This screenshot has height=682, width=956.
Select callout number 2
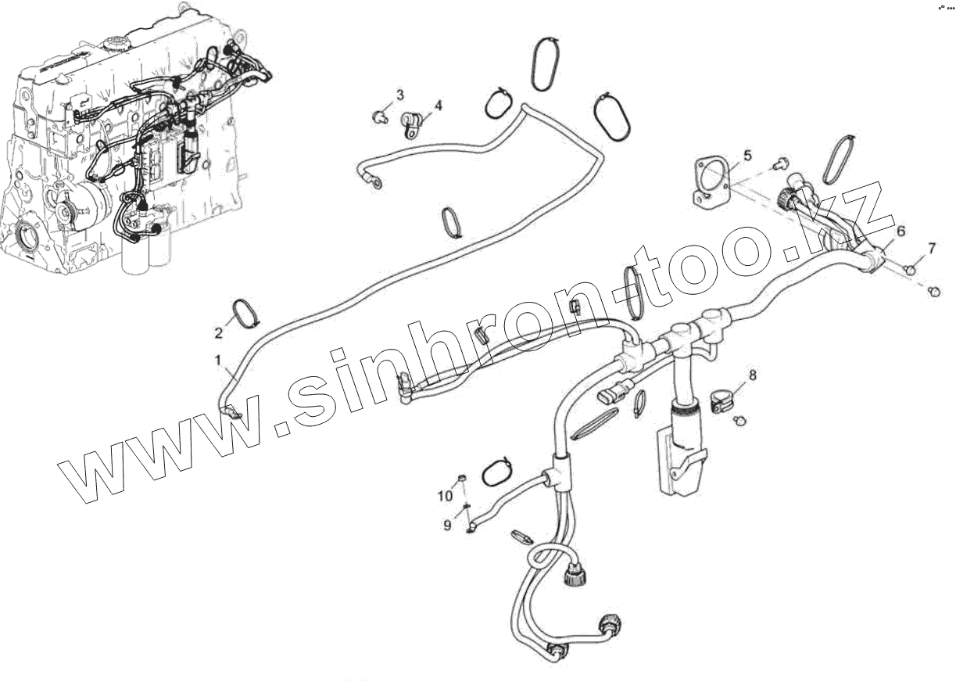tap(219, 332)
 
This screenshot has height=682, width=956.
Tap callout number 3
tap(399, 95)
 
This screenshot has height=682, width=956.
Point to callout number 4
tap(438, 105)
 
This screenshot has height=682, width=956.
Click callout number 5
tap(747, 155)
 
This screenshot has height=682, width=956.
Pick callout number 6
tap(901, 232)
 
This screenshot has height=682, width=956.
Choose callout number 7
tap(931, 249)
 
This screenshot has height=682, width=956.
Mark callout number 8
tap(753, 375)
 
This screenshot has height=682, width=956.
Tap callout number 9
tap(448, 525)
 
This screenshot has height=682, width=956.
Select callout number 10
tap(445, 496)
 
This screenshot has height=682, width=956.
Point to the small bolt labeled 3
tap(380, 117)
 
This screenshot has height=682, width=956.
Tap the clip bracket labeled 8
tap(724, 400)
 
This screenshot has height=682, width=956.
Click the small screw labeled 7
tap(909, 269)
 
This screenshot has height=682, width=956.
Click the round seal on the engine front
tap(28, 239)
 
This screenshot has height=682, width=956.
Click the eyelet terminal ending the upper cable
tap(378, 185)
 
